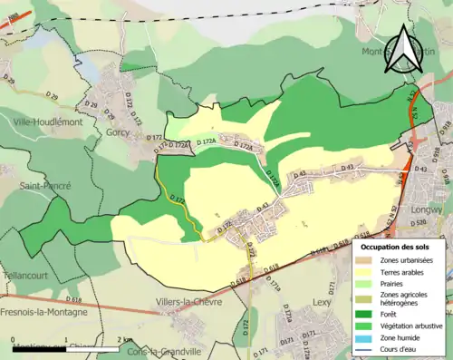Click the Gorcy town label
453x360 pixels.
[117, 131]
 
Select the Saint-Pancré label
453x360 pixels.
[44, 185]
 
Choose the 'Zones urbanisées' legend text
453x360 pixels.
[406, 260]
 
